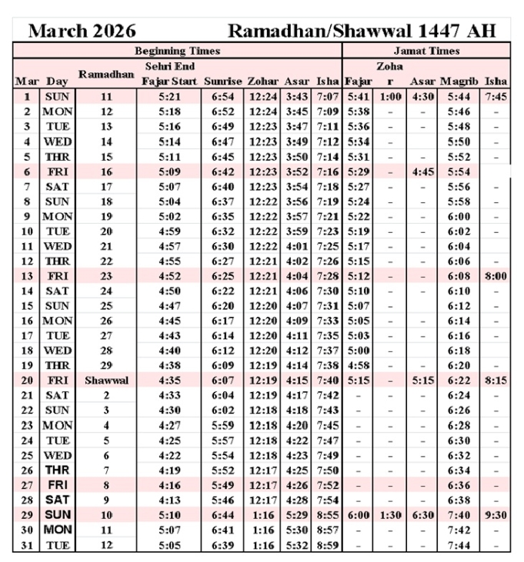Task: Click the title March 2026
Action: (x=82, y=31)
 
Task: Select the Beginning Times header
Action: (x=177, y=51)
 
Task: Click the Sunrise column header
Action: (x=223, y=81)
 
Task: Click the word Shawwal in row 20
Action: (x=106, y=380)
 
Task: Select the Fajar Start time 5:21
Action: (x=169, y=97)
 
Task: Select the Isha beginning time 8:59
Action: (x=327, y=545)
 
